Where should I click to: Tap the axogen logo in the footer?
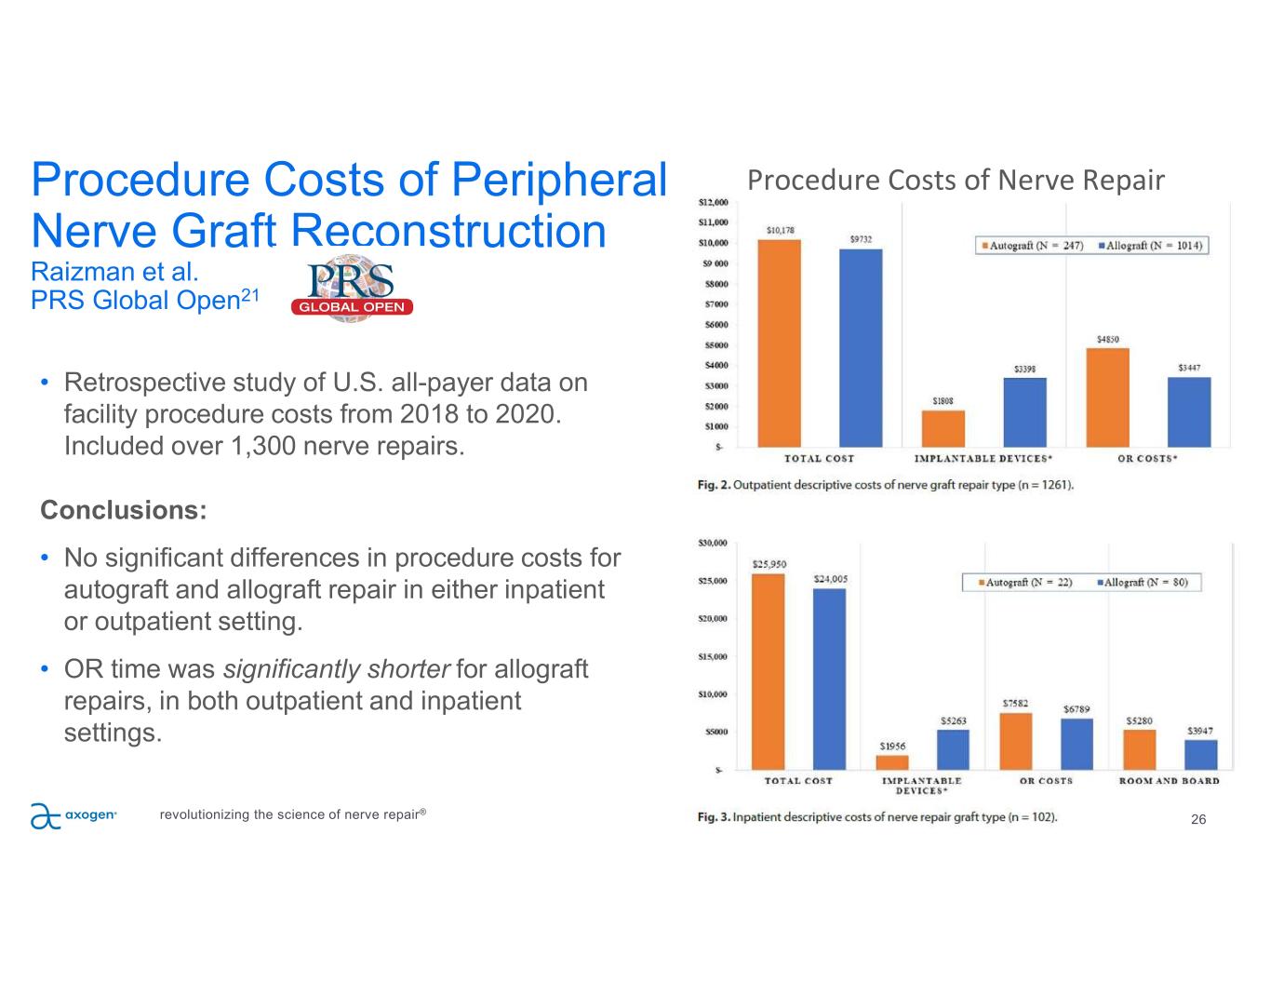(73, 814)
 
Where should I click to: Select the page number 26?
(1198, 819)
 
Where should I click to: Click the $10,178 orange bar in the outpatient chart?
(780, 344)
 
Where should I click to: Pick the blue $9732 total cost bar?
(861, 348)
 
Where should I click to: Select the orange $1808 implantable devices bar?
(943, 428)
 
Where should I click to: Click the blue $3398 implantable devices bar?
(1024, 412)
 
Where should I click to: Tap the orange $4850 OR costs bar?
(1108, 397)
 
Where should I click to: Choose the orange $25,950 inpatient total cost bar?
(769, 671)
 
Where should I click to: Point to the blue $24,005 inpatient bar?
(829, 679)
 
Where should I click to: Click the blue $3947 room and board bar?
(1200, 754)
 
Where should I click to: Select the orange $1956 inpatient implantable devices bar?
(892, 761)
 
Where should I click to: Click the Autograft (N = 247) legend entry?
(1032, 246)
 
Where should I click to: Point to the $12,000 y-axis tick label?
(714, 202)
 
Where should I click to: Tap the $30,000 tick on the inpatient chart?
(714, 543)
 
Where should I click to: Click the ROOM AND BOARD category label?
(1169, 781)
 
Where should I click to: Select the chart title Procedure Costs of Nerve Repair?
(956, 180)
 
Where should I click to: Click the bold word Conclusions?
(123, 510)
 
